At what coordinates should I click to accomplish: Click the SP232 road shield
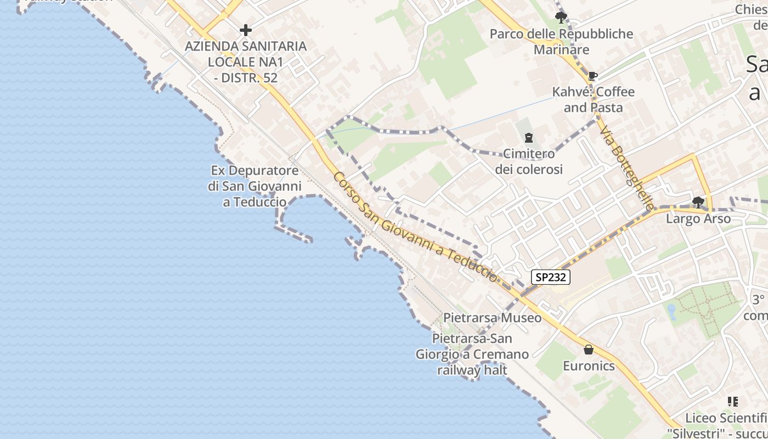click(551, 277)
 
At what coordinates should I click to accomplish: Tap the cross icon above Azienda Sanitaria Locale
click(245, 29)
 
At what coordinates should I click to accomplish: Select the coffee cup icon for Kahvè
click(592, 76)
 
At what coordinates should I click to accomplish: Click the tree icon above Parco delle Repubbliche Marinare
click(561, 18)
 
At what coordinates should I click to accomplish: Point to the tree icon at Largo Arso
click(698, 202)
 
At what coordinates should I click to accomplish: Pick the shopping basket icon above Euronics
click(589, 350)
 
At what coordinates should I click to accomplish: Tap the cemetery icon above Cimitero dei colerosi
click(528, 138)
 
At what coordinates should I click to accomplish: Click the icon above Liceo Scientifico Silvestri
click(732, 402)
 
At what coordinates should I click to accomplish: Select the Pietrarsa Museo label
click(492, 318)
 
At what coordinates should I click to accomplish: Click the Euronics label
click(589, 366)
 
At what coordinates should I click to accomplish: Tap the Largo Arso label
click(698, 219)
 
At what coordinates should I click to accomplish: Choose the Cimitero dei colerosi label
click(529, 161)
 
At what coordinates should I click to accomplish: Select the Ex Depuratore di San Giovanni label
click(255, 186)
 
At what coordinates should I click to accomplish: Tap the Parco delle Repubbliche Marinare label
click(561, 42)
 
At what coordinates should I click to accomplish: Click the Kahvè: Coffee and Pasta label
click(593, 99)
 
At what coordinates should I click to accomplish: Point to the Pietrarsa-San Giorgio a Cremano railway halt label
click(472, 354)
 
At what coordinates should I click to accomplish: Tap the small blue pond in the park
click(671, 312)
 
